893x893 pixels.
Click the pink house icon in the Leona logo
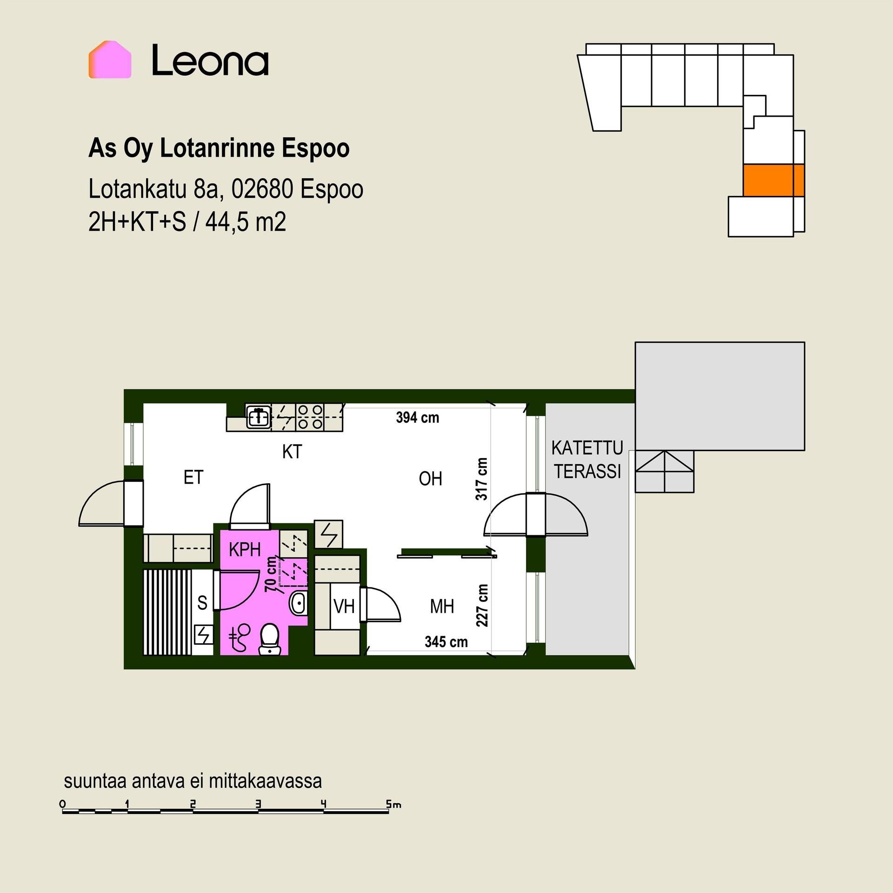(x=110, y=60)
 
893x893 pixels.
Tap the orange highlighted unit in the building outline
(x=773, y=180)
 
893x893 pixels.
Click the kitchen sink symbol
(x=258, y=417)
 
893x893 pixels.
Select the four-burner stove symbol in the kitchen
(x=310, y=417)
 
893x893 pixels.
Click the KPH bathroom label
(x=245, y=550)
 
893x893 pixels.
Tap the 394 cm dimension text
(x=418, y=417)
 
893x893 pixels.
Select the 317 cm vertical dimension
(x=482, y=479)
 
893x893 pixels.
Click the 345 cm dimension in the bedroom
(x=446, y=642)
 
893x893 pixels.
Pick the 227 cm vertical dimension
(x=482, y=605)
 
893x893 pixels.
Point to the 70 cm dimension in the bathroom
(x=271, y=575)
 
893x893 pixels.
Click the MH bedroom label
(x=442, y=606)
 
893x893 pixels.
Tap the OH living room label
(x=430, y=479)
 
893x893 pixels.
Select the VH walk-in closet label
(x=344, y=606)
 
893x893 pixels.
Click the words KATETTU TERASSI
(x=587, y=460)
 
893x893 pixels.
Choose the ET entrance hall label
(x=193, y=477)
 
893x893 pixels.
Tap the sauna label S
(x=202, y=603)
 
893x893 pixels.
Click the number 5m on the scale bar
(x=393, y=804)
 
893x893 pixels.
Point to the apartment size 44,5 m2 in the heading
(x=246, y=222)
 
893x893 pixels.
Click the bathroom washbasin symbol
(x=298, y=603)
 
